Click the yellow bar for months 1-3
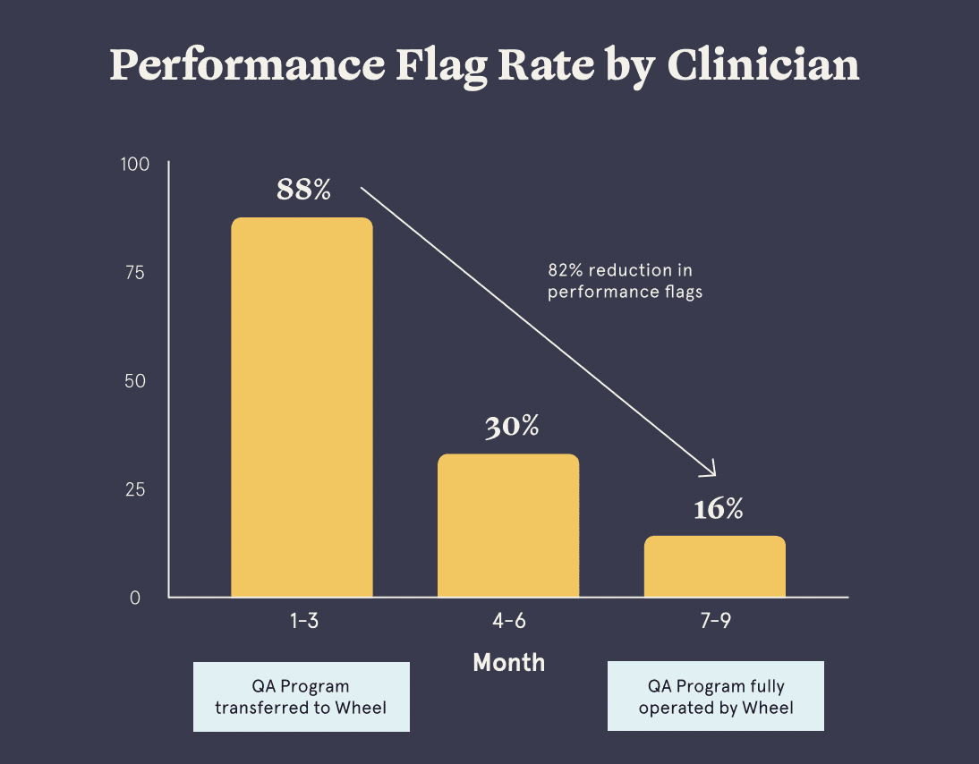tap(302, 407)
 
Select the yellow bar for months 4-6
tap(508, 525)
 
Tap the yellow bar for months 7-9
tap(714, 566)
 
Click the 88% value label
tap(303, 190)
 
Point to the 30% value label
tap(512, 427)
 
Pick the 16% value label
tap(718, 509)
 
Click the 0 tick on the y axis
tap(135, 598)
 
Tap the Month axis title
tap(508, 663)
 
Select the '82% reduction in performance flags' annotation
tap(625, 281)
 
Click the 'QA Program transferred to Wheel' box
tap(302, 697)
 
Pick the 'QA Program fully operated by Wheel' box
tap(716, 697)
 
